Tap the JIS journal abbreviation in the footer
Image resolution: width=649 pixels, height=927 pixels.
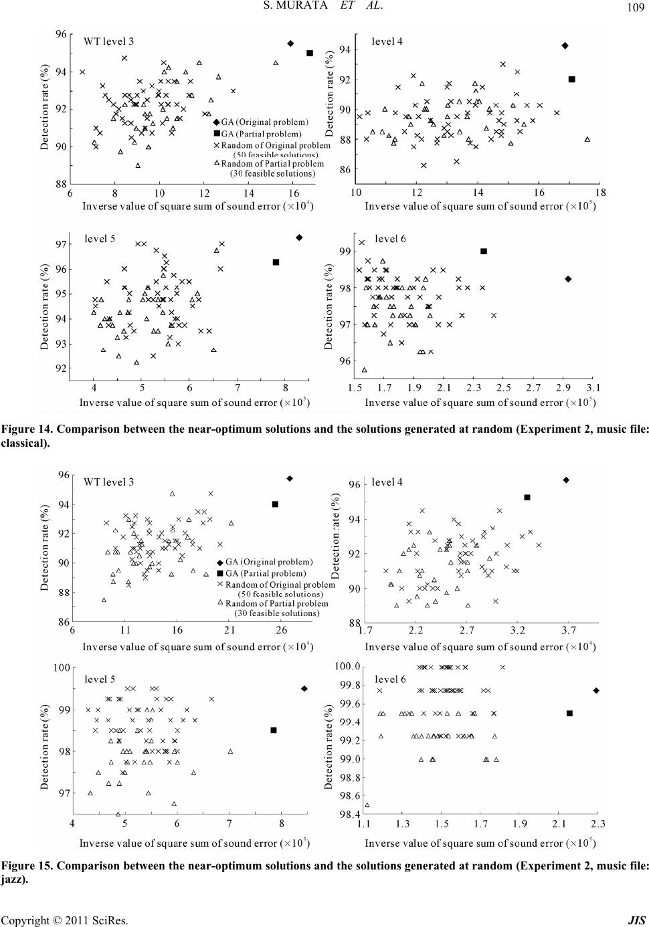(637, 920)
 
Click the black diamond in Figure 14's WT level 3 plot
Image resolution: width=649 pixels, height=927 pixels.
(290, 43)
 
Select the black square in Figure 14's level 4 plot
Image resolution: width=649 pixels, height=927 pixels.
(572, 79)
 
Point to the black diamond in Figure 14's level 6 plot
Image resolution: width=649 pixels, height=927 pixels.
(568, 279)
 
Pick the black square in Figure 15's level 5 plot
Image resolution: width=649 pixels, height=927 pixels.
(274, 730)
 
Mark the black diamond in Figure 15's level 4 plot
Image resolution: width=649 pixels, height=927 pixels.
(566, 480)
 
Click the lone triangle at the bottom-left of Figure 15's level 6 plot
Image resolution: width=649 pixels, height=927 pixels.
(367, 805)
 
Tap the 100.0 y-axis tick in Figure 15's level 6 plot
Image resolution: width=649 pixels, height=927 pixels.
(348, 666)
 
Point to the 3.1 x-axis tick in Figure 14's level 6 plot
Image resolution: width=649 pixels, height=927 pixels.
(593, 388)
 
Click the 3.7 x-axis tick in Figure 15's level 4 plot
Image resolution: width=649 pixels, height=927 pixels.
(569, 630)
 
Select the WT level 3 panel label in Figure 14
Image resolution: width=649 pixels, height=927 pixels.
(108, 41)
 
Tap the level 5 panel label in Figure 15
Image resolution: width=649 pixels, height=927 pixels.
(100, 679)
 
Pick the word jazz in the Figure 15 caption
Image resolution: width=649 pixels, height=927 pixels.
(13, 880)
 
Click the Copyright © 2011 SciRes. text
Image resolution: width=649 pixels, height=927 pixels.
(65, 920)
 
